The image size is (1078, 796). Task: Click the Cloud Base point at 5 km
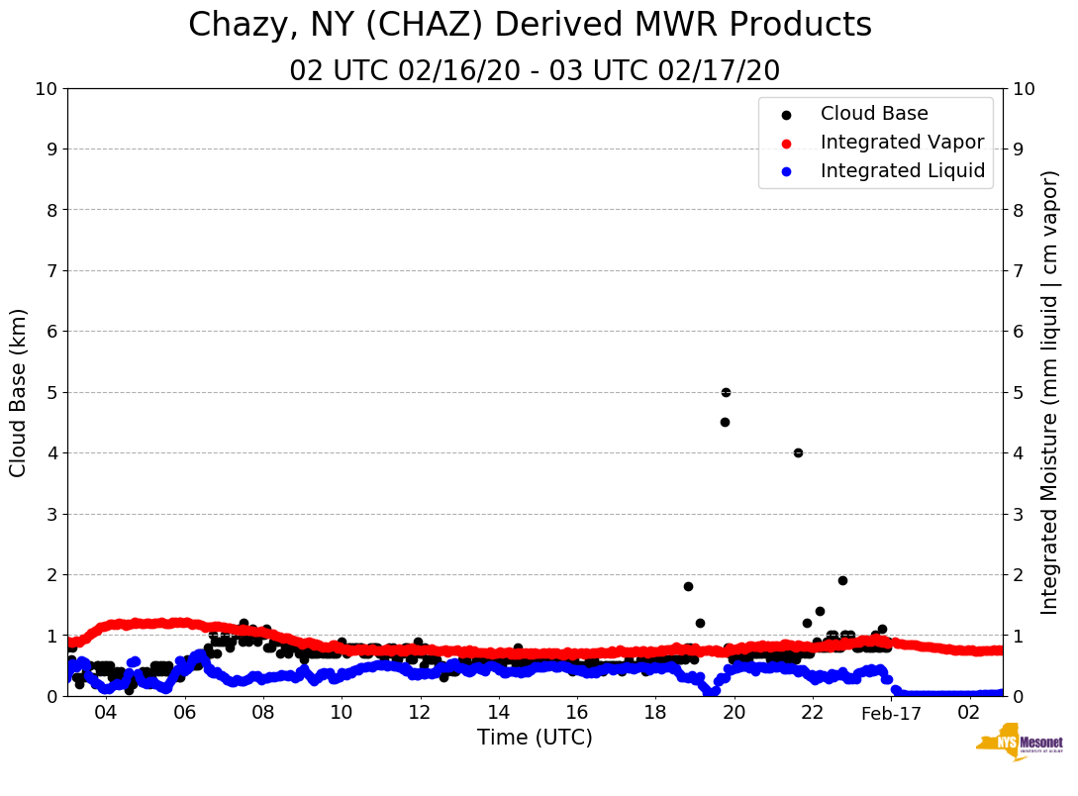(x=726, y=392)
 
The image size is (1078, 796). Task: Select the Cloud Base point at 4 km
(x=798, y=452)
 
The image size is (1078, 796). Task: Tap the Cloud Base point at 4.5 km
(x=725, y=422)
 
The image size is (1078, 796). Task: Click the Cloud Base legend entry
(x=874, y=114)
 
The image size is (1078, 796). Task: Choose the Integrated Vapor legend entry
(x=902, y=143)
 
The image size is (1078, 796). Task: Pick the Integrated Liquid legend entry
(x=902, y=171)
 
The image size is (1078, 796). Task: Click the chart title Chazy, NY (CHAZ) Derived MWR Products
(x=530, y=25)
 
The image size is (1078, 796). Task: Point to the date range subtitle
(x=535, y=71)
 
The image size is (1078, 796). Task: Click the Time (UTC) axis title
(x=535, y=738)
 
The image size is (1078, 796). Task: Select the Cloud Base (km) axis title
(x=19, y=392)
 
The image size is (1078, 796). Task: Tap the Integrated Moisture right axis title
(x=1050, y=392)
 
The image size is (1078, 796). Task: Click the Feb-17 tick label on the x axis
(x=891, y=714)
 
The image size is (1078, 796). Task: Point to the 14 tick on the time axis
(x=498, y=714)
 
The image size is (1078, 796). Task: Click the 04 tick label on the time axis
(x=105, y=714)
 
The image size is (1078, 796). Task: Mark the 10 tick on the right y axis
(x=1024, y=88)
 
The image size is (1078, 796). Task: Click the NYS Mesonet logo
(x=1019, y=746)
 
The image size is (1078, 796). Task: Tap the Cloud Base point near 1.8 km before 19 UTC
(x=688, y=586)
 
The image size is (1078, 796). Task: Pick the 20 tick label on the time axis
(x=734, y=714)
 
